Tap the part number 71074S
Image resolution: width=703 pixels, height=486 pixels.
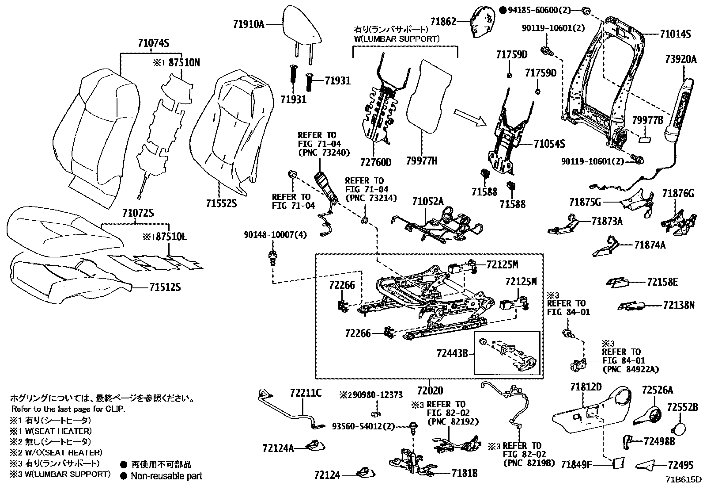coord(154,43)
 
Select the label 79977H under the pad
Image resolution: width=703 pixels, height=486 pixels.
coord(421,161)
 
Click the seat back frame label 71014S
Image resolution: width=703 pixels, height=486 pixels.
coord(675,34)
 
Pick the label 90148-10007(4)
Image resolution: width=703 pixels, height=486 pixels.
coord(275,234)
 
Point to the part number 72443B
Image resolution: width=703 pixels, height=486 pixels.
coord(452,353)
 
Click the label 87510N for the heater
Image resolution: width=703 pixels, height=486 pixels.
coord(182,63)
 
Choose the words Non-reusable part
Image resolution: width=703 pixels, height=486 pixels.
coord(166,476)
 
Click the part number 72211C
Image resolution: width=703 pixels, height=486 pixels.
coord(306,392)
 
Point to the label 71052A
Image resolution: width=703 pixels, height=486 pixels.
coord(428,202)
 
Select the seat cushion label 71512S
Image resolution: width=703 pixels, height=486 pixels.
coord(165,288)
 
